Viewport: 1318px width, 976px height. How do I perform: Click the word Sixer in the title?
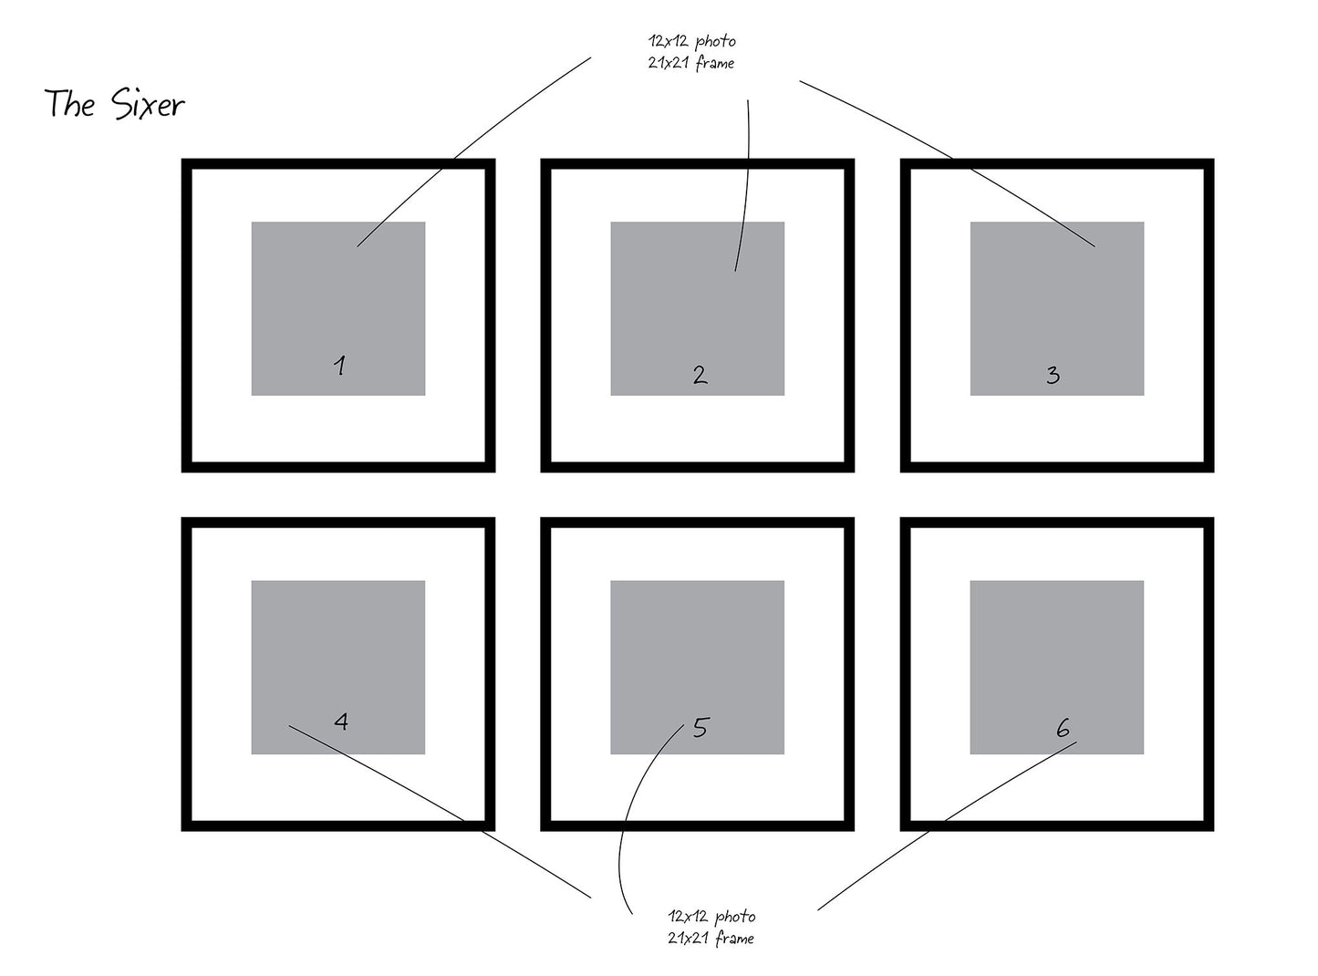click(148, 104)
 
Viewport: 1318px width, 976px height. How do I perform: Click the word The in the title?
click(69, 103)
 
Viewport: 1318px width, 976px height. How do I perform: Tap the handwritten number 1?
click(339, 365)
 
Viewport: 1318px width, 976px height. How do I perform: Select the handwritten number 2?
click(700, 375)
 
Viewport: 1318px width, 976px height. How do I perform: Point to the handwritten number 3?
click(1053, 375)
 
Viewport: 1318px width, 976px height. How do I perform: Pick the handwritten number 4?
click(341, 721)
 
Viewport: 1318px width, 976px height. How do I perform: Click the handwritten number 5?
click(701, 727)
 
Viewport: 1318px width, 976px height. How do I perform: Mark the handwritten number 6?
click(1063, 727)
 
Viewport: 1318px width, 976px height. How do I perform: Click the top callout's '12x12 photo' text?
click(691, 42)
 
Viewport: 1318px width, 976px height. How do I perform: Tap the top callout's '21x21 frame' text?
click(691, 63)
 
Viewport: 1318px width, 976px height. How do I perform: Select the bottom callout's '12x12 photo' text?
click(711, 916)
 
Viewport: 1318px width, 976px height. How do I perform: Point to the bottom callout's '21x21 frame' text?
click(711, 938)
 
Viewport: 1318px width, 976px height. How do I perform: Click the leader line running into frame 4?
click(440, 811)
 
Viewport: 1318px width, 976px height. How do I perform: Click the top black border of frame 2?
click(697, 163)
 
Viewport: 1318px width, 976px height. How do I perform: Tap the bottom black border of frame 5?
click(697, 825)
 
